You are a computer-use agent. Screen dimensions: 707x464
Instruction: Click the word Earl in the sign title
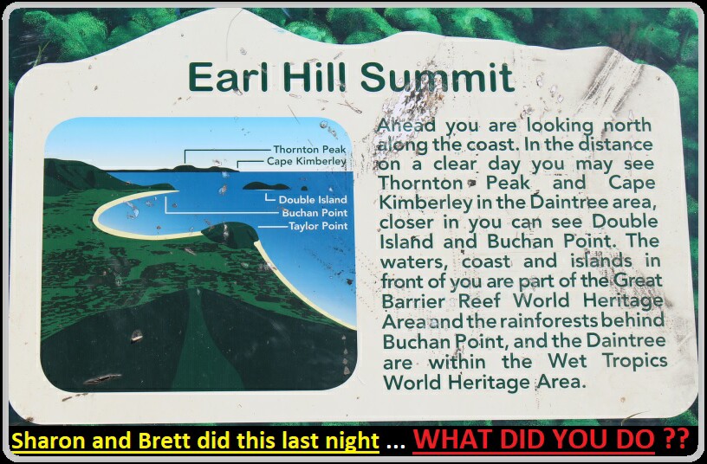pos(228,76)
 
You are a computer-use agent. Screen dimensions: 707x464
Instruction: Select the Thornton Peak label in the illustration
pos(309,149)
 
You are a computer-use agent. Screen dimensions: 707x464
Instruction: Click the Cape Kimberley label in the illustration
pos(306,161)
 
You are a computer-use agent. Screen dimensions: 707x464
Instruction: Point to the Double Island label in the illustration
pos(313,200)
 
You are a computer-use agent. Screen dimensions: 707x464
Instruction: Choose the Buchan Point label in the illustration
pos(315,213)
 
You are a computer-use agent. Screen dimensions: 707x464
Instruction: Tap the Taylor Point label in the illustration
pos(318,226)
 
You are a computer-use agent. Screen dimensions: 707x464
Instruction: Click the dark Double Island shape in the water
pos(266,185)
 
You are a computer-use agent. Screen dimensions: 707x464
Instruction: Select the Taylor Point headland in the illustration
pos(230,235)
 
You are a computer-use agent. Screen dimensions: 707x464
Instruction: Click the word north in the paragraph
pos(627,126)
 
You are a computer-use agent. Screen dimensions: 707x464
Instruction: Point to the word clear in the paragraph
pos(455,164)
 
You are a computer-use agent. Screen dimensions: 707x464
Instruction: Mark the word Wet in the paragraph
pos(568,361)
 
